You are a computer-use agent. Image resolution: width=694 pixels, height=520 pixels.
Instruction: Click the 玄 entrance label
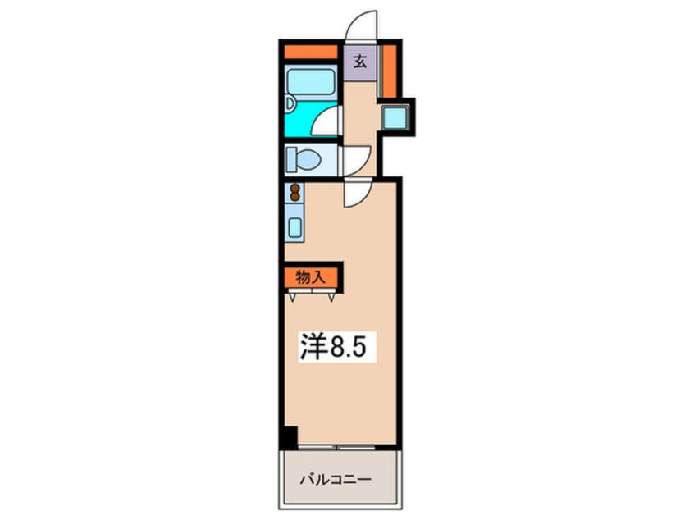[359, 61]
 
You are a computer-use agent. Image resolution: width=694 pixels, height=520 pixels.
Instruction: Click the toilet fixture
[307, 159]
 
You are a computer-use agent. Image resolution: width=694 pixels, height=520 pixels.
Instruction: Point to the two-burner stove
[294, 193]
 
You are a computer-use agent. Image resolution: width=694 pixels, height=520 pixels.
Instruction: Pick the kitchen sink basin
[294, 225]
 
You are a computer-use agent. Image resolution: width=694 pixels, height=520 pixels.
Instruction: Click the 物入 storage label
[311, 276]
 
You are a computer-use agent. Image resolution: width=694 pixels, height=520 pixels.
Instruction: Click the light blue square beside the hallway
[397, 117]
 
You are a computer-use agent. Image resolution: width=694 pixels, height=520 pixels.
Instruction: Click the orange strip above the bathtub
[311, 52]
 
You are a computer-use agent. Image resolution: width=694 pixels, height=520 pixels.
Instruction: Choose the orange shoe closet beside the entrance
[390, 71]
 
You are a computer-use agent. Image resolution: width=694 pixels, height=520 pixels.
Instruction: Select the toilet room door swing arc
[357, 157]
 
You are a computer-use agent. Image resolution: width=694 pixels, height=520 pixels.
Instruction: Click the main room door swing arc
[358, 194]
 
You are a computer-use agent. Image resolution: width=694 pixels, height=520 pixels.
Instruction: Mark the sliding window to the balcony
[337, 448]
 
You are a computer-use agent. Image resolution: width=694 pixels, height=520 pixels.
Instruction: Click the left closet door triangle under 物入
[294, 295]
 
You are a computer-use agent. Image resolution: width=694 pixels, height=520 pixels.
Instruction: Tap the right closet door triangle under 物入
[331, 295]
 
